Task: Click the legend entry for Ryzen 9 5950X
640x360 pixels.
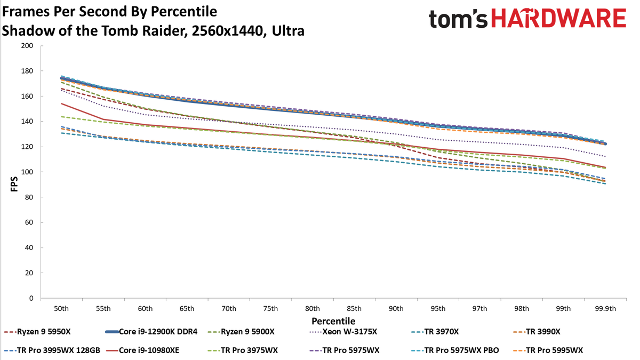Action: coord(37,332)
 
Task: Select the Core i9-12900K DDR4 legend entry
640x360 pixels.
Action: coord(151,332)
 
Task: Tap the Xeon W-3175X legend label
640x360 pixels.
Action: coord(343,332)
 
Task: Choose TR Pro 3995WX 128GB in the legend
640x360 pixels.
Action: coord(52,350)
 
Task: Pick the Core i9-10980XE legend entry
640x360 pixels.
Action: coord(142,350)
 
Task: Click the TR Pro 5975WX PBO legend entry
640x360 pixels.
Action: coord(455,350)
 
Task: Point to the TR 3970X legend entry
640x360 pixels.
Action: coord(435,332)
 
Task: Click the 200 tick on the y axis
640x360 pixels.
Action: coord(27,46)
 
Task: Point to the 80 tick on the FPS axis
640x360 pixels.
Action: coord(29,197)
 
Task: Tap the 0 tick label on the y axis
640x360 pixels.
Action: coord(31,298)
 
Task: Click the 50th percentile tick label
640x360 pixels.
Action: coord(61,309)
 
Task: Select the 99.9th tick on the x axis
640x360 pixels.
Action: coord(605,309)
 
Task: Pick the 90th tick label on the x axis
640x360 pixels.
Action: coord(396,309)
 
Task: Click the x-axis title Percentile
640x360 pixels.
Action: coord(333,321)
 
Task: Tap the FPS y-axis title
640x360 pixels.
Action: coord(14,184)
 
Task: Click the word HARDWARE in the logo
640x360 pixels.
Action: coord(558,18)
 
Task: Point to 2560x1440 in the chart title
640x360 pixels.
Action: coord(227,31)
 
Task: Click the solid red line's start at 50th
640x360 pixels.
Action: coord(61,103)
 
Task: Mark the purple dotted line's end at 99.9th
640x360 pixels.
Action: coord(605,156)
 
